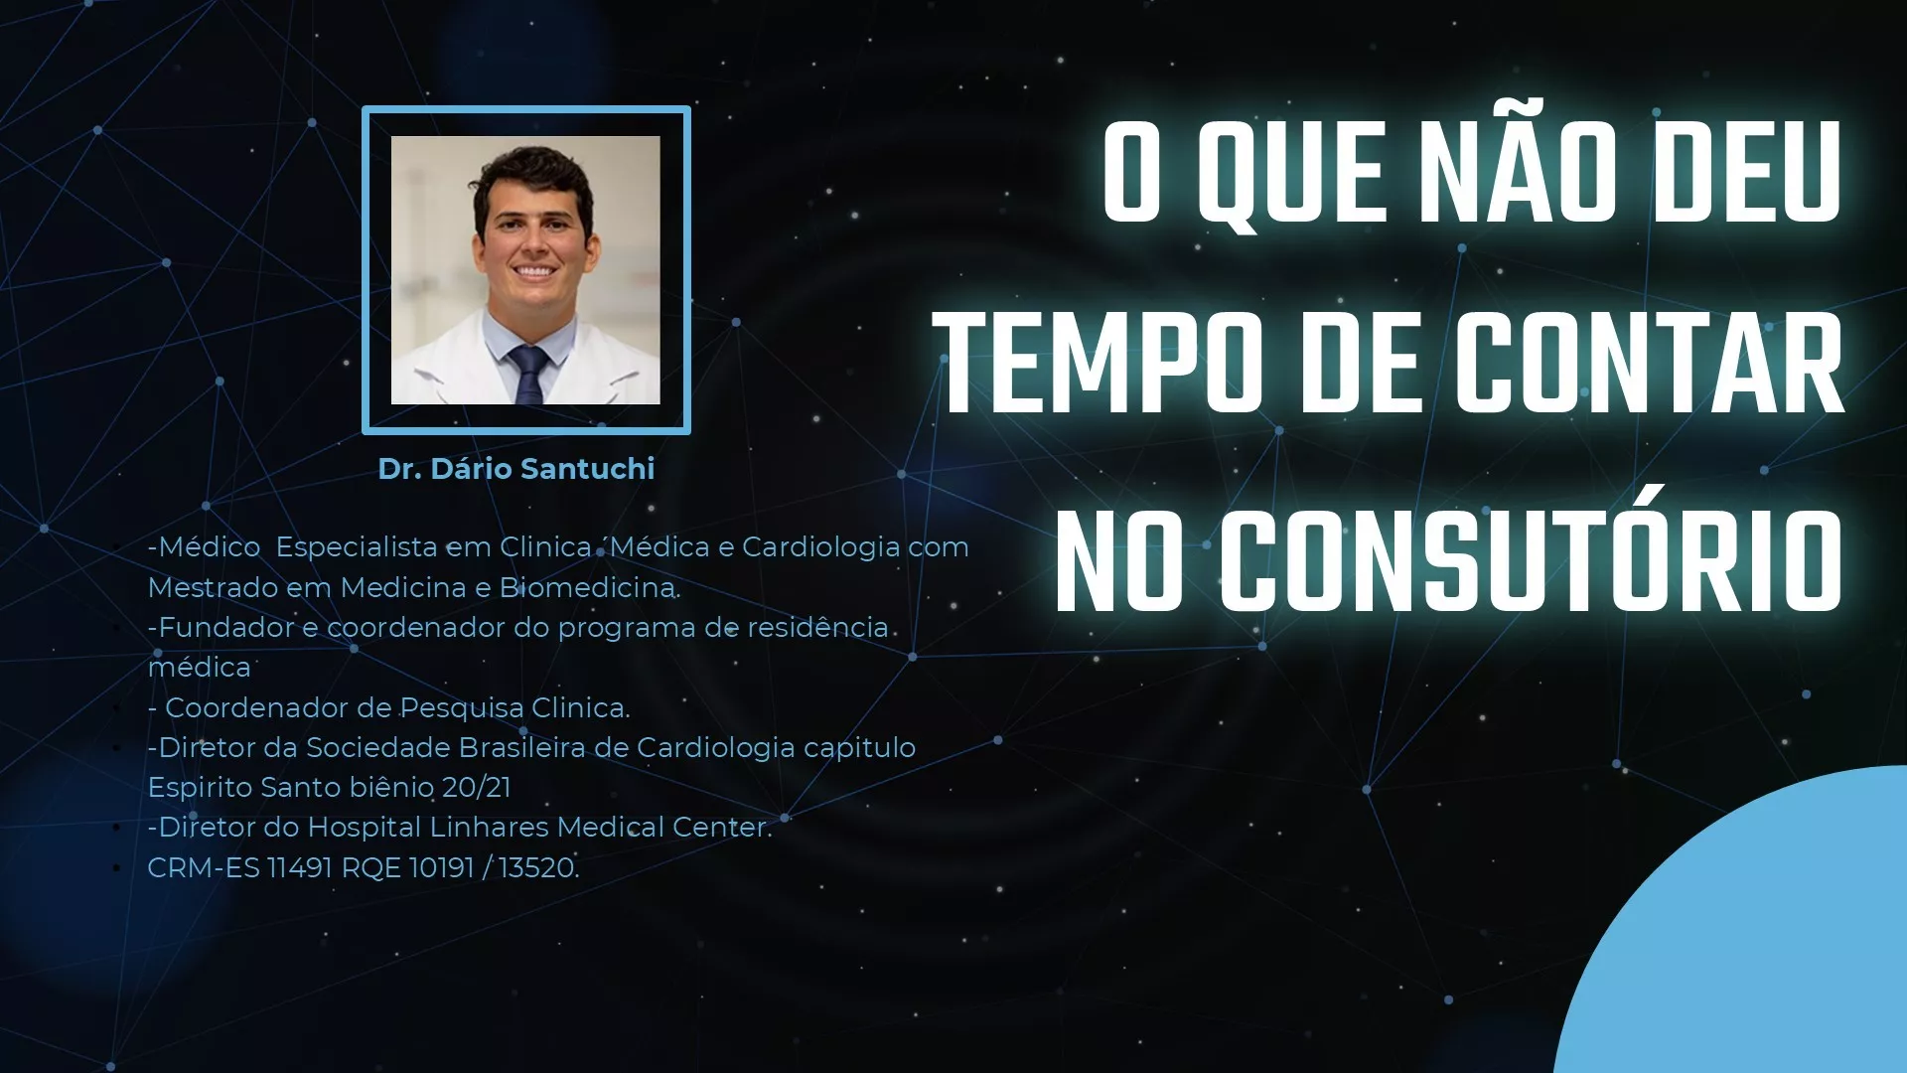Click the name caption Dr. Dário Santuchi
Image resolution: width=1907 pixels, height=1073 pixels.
[516, 469]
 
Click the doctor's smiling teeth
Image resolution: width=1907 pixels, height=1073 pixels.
[533, 270]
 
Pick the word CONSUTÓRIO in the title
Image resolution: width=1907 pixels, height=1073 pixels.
[1533, 561]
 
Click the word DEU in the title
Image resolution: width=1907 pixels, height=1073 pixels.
[1749, 173]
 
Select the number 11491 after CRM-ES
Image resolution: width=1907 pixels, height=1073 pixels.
[300, 867]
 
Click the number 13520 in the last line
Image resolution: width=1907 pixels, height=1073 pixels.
[536, 867]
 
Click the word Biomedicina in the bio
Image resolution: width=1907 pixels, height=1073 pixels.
[588, 587]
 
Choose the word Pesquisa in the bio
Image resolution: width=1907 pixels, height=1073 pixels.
[462, 708]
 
